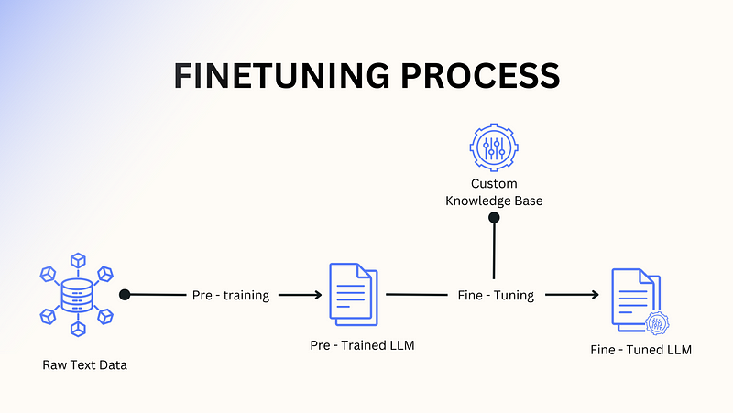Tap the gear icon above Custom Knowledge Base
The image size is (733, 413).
[493, 146]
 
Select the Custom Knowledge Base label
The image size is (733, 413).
[494, 192]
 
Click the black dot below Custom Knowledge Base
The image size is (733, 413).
[494, 218]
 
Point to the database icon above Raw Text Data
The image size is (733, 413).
[77, 295]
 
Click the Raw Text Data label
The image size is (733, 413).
[84, 365]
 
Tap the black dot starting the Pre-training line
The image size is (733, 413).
[125, 295]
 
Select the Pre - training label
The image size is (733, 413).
[231, 296]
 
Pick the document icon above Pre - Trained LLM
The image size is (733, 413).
[353, 294]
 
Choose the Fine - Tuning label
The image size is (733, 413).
[496, 296]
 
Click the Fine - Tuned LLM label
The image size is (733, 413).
[640, 350]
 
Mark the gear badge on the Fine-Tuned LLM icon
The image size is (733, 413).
[656, 323]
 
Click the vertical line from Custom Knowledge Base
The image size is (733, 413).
[494, 249]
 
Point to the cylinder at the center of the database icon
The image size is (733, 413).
[77, 295]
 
